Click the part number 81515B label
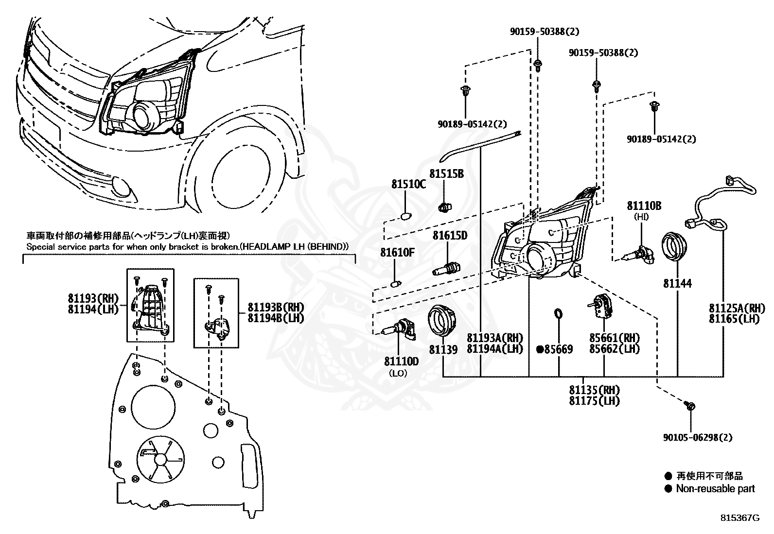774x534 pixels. point(446,174)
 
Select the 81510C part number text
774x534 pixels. point(408,185)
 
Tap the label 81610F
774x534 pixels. point(397,253)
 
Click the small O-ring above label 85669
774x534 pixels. point(558,314)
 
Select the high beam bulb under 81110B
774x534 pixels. point(638,255)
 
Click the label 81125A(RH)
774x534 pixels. point(737,308)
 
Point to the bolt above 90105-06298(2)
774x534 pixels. point(689,406)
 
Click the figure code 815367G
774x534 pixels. point(740,518)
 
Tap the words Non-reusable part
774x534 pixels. point(715,489)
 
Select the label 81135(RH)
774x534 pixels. point(595,390)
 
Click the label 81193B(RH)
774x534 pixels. point(276,307)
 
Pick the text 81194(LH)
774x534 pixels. point(93,309)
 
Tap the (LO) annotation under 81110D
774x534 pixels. point(398,373)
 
